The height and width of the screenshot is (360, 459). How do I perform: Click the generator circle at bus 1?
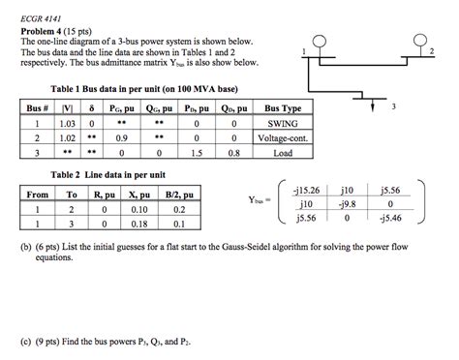[319, 41]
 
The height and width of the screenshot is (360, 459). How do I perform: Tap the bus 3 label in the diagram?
[393, 108]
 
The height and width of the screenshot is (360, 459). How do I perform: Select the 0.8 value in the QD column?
[233, 152]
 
